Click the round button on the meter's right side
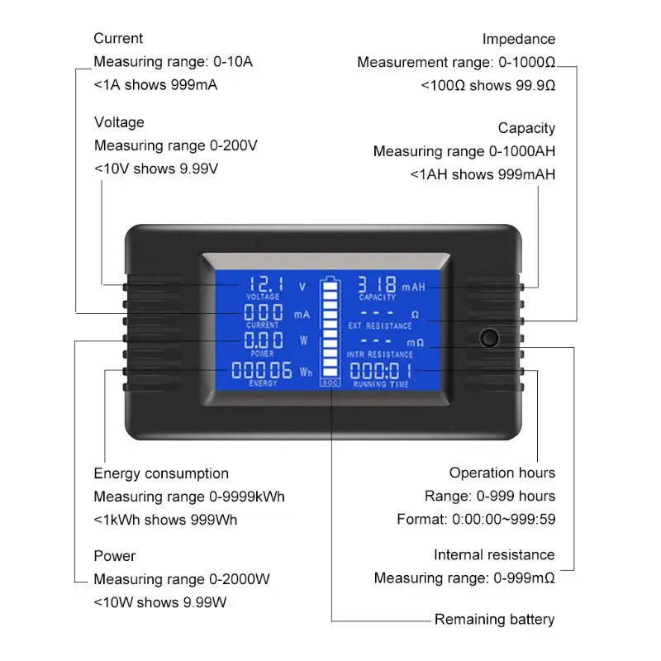[489, 338]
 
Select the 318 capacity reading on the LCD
[378, 283]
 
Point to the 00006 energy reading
[262, 369]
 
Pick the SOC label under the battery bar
[330, 383]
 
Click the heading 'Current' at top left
[118, 38]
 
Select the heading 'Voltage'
[119, 122]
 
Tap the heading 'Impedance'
[519, 39]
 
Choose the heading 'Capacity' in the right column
[526, 128]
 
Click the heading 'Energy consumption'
[161, 473]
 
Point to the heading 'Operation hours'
[502, 473]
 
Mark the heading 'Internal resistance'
[494, 554]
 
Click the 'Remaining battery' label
[495, 619]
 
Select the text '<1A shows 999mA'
[155, 85]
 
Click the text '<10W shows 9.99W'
[160, 602]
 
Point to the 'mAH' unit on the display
[413, 287]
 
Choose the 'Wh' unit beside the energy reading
[306, 372]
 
